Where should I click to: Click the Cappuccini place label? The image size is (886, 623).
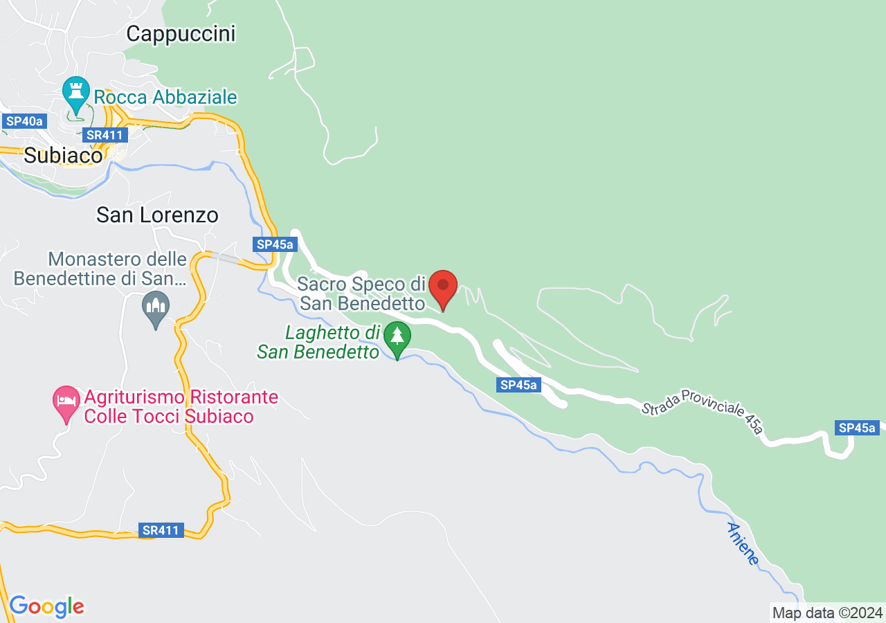click(x=181, y=33)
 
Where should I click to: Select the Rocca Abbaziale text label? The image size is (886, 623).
click(x=165, y=98)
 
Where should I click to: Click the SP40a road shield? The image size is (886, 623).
click(x=24, y=122)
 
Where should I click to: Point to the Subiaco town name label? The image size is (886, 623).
click(x=63, y=156)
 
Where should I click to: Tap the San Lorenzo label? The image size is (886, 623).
click(x=157, y=215)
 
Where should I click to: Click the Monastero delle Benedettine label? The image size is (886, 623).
click(x=100, y=269)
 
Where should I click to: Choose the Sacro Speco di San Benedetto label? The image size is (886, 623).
click(x=361, y=294)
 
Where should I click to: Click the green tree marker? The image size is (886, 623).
click(x=397, y=338)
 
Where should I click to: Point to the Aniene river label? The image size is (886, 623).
click(x=743, y=543)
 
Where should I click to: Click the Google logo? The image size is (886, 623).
click(x=46, y=606)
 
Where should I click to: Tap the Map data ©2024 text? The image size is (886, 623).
click(x=827, y=613)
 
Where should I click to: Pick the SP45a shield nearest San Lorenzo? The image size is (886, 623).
click(x=275, y=244)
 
